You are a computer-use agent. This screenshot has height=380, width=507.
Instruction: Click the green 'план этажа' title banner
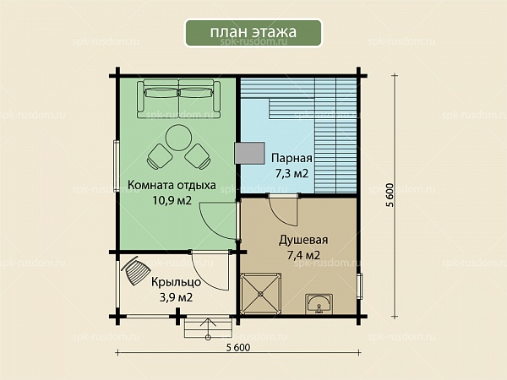coord(253,33)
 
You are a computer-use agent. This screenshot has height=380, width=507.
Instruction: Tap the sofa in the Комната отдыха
coord(178,98)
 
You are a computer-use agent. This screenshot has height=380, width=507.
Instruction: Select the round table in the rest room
coord(178,138)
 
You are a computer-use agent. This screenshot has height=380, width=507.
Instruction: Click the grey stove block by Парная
coord(249,153)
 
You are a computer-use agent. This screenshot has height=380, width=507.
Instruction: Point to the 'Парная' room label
coord(292,159)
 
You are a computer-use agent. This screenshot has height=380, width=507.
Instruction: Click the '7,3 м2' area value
coord(292,173)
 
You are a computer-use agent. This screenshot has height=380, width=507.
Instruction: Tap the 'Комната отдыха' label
coord(172,185)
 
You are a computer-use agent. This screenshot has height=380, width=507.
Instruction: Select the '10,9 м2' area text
coord(172,200)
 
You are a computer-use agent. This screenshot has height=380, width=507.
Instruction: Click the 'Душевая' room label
coord(303,240)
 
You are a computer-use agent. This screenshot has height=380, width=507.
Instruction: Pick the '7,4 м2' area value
coord(303,255)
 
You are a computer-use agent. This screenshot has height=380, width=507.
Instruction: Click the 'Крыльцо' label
coord(177,282)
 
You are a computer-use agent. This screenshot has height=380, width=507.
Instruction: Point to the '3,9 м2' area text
coord(177,297)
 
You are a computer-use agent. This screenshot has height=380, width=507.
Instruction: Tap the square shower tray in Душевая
coord(260,294)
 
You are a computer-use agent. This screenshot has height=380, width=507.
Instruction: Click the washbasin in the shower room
coord(319,304)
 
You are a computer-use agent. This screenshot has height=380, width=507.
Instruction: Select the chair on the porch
coord(134,270)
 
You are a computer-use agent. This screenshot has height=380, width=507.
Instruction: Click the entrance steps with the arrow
coord(208,328)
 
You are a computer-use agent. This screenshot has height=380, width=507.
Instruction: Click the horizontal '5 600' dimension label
coord(238,348)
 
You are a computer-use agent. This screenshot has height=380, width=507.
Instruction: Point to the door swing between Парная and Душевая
coord(283,210)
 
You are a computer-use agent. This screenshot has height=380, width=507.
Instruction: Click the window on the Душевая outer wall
coord(360,286)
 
